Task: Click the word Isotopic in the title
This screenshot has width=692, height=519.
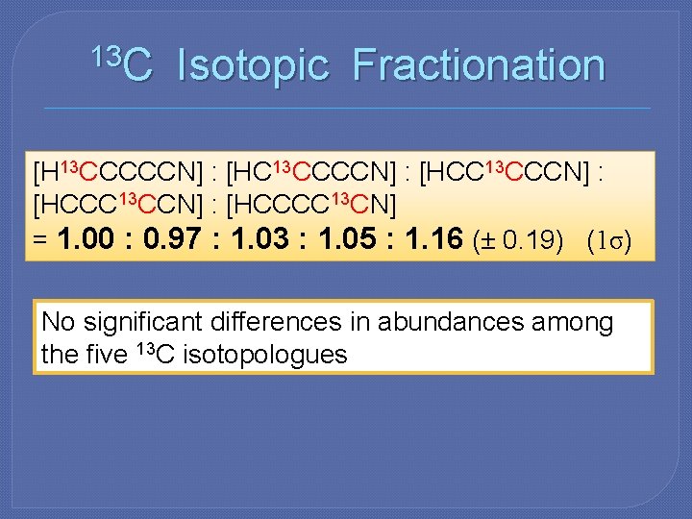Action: click(253, 66)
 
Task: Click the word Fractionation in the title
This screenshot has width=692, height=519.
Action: click(479, 66)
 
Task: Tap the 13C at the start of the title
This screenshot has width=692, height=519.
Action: click(119, 63)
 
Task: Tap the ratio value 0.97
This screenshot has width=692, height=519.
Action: click(173, 239)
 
